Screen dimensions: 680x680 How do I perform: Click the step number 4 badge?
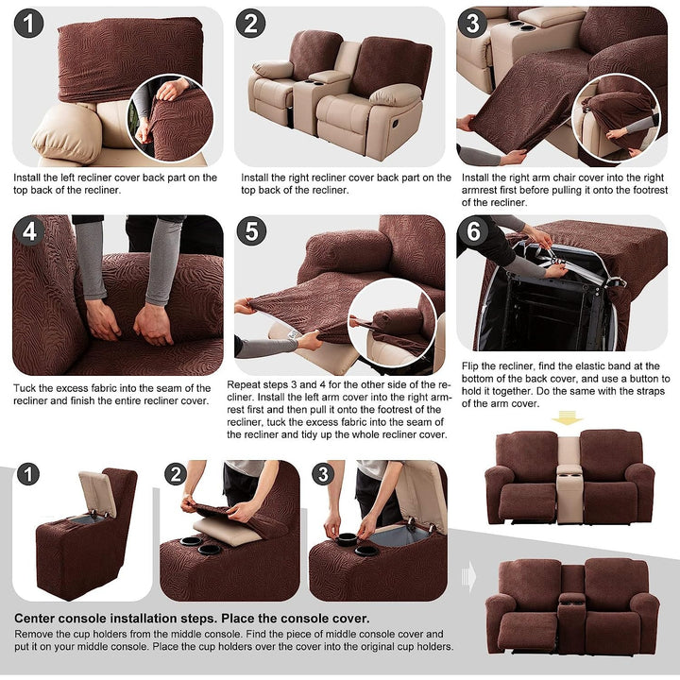(29, 231)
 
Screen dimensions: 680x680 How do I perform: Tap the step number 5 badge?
(252, 231)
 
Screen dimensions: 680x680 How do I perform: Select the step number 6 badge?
(473, 231)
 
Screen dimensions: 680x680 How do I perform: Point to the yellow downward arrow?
(568, 418)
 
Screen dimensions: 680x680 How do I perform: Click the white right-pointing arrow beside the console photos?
(468, 577)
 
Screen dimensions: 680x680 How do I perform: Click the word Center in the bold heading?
(35, 619)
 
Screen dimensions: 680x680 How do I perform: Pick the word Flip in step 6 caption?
(469, 366)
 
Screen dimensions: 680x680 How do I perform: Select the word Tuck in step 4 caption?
(24, 388)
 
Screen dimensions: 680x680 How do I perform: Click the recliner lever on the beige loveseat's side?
(396, 124)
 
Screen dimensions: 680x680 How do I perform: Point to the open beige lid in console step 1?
(97, 493)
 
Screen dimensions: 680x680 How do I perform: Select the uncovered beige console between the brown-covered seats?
(569, 479)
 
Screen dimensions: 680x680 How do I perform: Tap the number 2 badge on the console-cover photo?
(176, 474)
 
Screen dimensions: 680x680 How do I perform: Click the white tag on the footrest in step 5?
(293, 334)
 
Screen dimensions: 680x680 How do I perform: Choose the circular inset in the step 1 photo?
(170, 118)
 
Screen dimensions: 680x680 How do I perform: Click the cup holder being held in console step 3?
(347, 539)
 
